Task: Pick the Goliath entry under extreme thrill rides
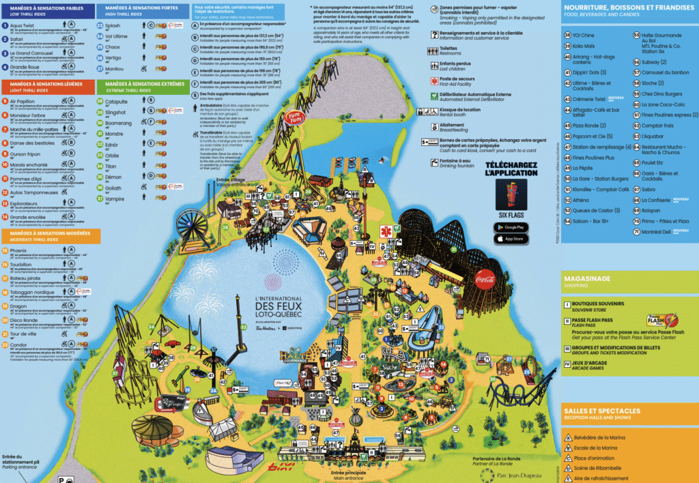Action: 113,188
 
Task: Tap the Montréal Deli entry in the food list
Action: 657,232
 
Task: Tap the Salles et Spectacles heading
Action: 602,411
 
